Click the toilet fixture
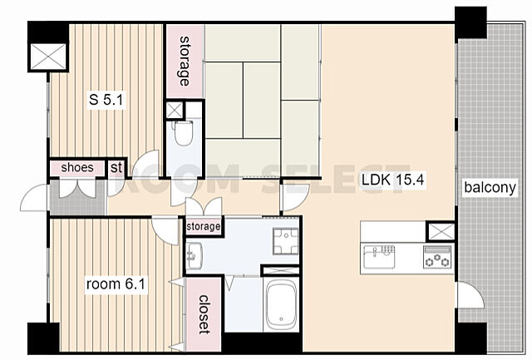point(183,133)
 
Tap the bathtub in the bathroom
point(281,303)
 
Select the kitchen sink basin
point(379,257)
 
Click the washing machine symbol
point(286,241)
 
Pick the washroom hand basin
point(195,256)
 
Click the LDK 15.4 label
point(393,180)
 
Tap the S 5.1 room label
point(106,100)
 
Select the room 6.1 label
point(116,284)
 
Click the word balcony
point(490,187)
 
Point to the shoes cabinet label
point(77,167)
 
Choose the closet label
point(204,314)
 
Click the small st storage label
point(116,167)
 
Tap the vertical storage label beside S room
point(185,61)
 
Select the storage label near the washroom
point(204,226)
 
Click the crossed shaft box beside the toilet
point(175,110)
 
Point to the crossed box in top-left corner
point(48,57)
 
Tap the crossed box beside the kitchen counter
point(440,231)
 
